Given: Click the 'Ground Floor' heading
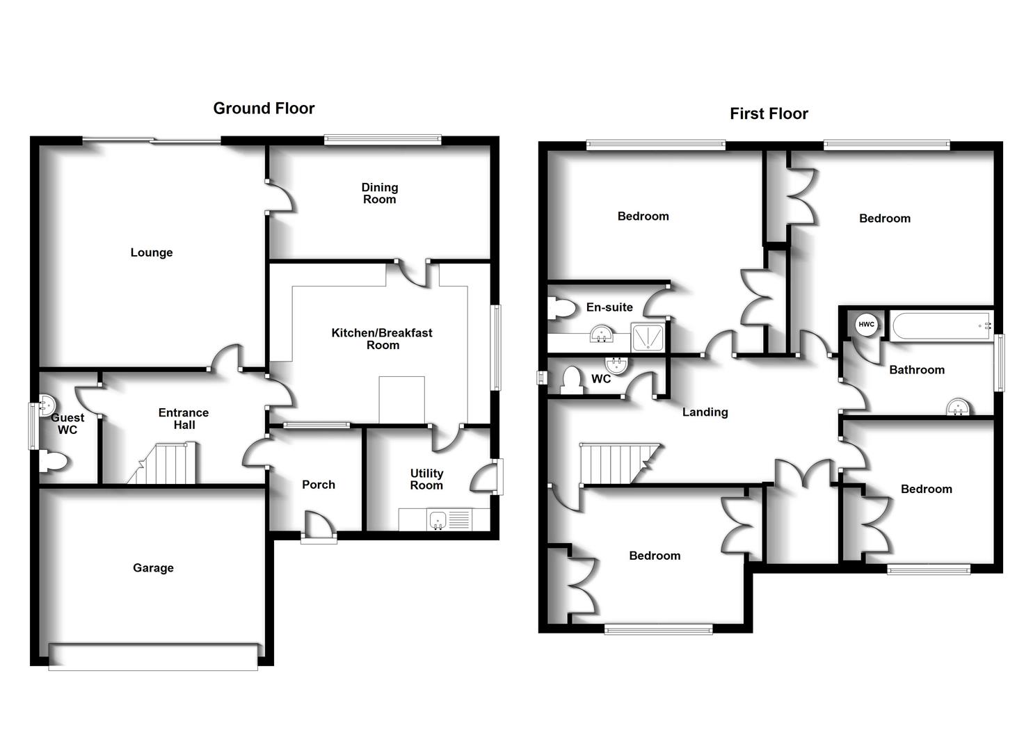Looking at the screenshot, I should coord(264,108).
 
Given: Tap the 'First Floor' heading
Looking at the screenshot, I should coord(769,114).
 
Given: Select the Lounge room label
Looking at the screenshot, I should coord(152,252).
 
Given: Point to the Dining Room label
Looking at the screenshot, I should coord(379,193).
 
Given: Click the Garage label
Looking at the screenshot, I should coord(153,568).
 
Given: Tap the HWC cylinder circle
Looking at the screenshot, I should coord(866,325).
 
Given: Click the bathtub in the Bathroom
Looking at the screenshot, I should coord(941,325).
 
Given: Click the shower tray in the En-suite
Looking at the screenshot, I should coord(648,337).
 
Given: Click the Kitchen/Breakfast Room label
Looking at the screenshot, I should coord(382,339).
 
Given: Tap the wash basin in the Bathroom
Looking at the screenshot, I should coord(959,407).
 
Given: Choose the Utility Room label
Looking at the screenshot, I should coord(426,479).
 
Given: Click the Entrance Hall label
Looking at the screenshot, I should coord(184,419).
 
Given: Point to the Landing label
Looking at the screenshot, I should coord(705,412).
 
